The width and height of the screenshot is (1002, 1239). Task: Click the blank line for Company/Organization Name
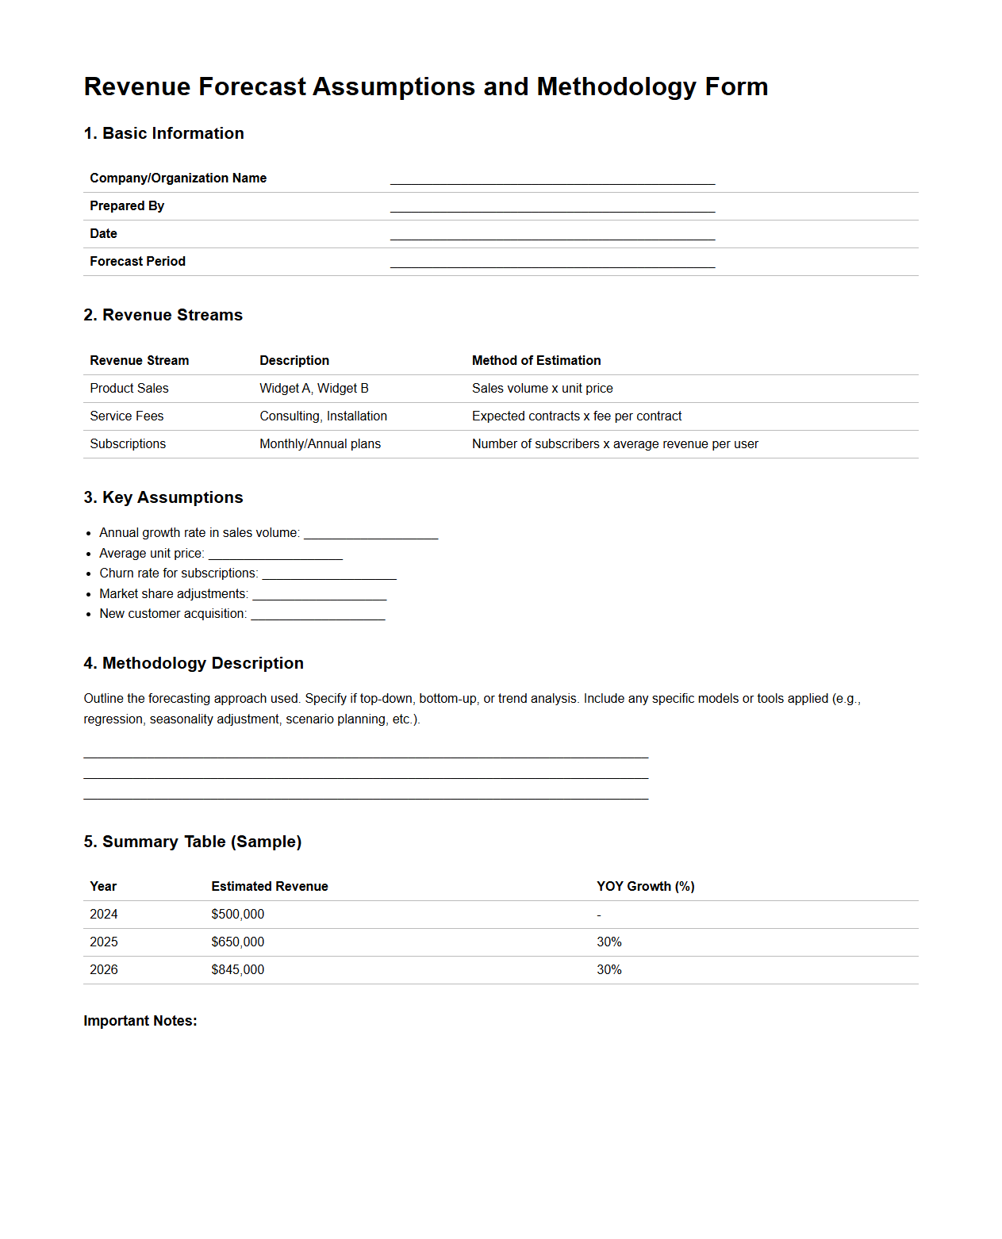[552, 178]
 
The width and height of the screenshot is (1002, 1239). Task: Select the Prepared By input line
[552, 206]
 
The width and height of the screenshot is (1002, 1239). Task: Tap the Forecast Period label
[137, 262]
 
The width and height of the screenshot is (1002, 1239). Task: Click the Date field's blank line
[552, 234]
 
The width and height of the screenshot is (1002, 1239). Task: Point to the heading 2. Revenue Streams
[163, 315]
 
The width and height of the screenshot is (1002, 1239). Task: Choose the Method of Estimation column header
[536, 361]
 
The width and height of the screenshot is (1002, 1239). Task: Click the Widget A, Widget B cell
[314, 389]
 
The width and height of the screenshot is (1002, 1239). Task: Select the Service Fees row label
[127, 416]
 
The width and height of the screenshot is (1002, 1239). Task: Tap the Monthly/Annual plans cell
[320, 444]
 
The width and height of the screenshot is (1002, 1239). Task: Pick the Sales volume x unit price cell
[543, 389]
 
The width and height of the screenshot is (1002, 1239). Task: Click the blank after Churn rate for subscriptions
[329, 573]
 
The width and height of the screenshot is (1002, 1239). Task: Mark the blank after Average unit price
[275, 554]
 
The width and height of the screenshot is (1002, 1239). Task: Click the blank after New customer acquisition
[318, 614]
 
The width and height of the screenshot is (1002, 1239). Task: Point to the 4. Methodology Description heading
[194, 663]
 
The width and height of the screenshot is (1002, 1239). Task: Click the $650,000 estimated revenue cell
[238, 942]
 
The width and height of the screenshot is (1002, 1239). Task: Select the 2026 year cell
[104, 970]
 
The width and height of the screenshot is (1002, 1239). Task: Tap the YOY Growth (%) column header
[646, 887]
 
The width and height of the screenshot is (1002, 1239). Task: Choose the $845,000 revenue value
[238, 970]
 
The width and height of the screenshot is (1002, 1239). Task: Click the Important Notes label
[140, 1021]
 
